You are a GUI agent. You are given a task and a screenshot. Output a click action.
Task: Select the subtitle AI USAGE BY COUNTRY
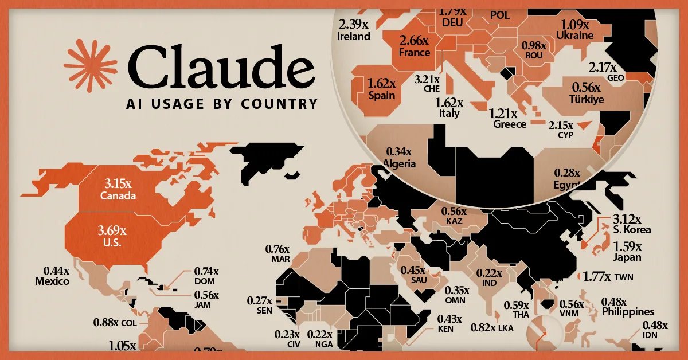pyautogui.click(x=221, y=104)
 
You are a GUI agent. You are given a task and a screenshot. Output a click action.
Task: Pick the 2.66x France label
pyautogui.click(x=414, y=46)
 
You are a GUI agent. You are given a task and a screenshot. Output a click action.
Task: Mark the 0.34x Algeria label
pyautogui.click(x=400, y=158)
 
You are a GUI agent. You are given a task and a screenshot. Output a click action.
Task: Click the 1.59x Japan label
pyautogui.click(x=628, y=252)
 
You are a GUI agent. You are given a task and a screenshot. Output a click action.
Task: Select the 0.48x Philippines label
pyautogui.click(x=627, y=307)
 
